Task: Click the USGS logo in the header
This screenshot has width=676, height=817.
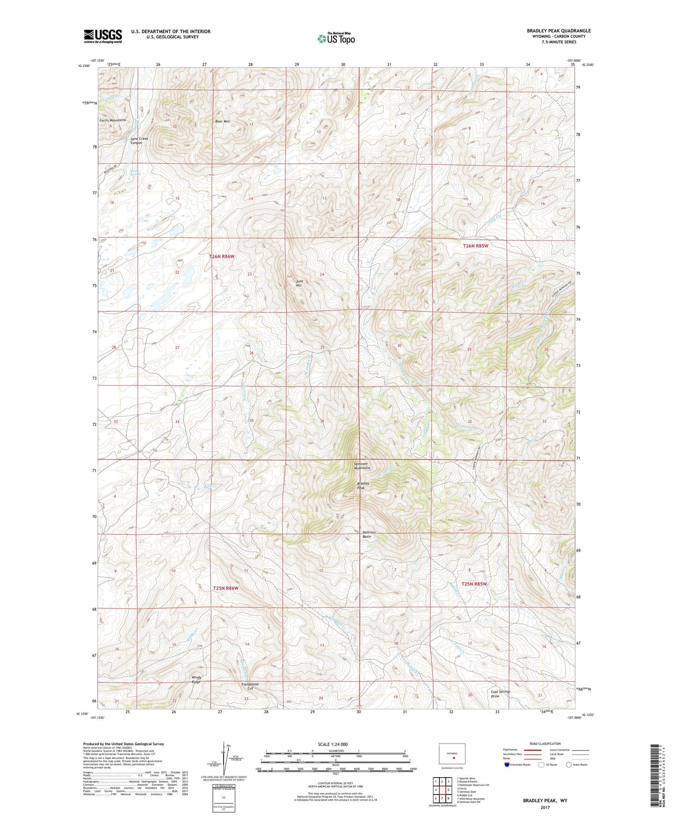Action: [103, 36]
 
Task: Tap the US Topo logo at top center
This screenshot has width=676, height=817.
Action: [336, 38]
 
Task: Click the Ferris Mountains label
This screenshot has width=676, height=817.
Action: [112, 120]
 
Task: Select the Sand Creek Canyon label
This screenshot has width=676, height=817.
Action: [139, 141]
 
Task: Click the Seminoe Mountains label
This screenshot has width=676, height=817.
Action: [362, 466]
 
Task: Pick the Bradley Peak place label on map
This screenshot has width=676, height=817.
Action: [363, 486]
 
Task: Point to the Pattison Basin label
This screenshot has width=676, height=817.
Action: [369, 534]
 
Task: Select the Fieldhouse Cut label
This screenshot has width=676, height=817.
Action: [250, 686]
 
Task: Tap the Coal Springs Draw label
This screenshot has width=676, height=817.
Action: [501, 693]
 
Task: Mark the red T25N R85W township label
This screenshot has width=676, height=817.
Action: [474, 584]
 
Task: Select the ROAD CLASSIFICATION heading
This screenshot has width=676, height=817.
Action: [545, 744]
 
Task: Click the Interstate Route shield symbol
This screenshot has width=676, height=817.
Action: [508, 765]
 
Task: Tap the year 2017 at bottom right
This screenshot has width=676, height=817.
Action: [545, 807]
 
